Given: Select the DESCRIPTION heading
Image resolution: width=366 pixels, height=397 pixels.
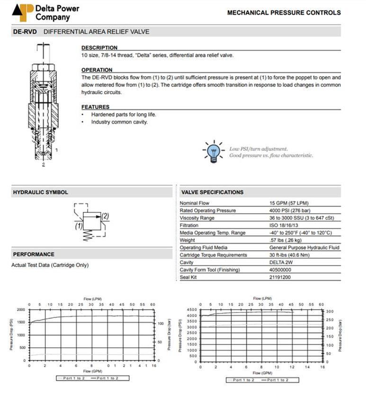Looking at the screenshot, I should [x=99, y=48].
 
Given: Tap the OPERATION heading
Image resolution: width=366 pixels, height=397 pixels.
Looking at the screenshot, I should [x=97, y=70].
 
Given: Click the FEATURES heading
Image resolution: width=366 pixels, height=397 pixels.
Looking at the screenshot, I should [x=95, y=107].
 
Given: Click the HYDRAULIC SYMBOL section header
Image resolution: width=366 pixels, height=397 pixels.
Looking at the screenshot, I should [x=40, y=192].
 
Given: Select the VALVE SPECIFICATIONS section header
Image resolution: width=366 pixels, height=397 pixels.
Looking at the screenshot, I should [x=212, y=192].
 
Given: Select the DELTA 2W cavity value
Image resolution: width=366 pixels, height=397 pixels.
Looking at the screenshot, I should [x=281, y=262].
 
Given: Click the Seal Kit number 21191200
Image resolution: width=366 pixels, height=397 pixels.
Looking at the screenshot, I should [x=280, y=277].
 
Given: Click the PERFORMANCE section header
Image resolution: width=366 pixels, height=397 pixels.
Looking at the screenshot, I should [x=34, y=254].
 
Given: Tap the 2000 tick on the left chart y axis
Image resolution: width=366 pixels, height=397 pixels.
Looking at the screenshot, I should [x=21, y=309].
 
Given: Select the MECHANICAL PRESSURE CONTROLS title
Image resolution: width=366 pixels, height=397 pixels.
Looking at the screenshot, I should [x=284, y=13].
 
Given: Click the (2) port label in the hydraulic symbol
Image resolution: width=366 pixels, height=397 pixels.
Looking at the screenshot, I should [x=105, y=216].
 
